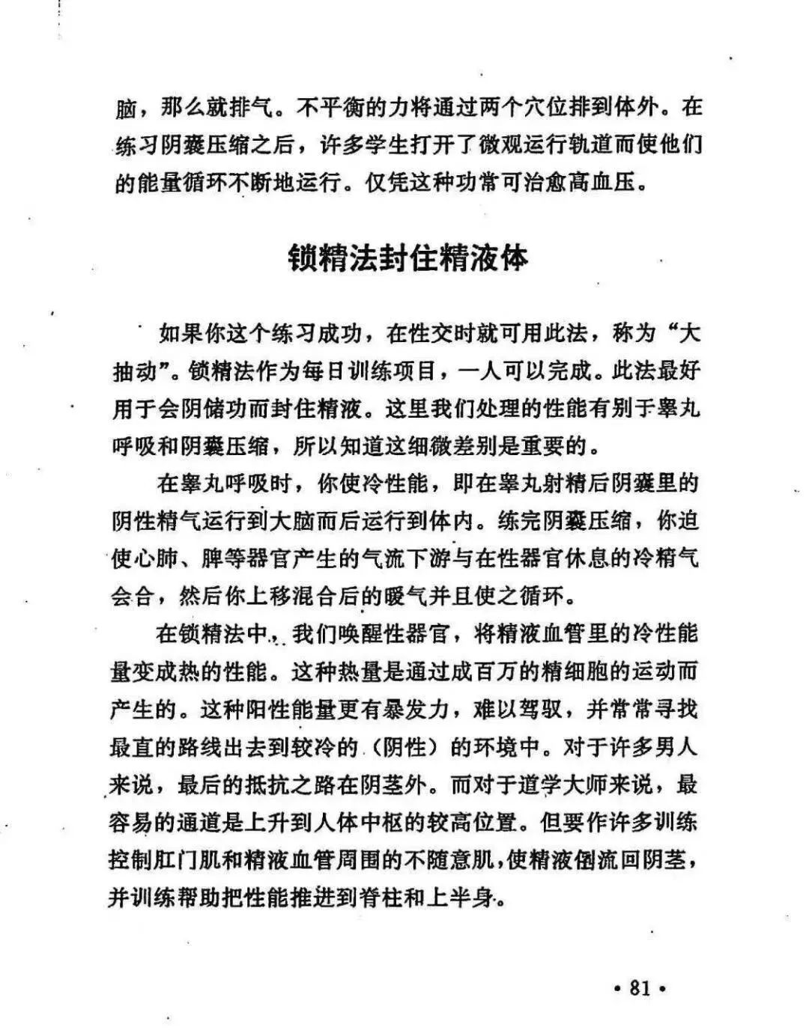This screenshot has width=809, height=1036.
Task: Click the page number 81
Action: [640, 988]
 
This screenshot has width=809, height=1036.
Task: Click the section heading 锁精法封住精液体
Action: [409, 257]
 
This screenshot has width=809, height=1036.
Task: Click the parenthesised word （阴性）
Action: [404, 747]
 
